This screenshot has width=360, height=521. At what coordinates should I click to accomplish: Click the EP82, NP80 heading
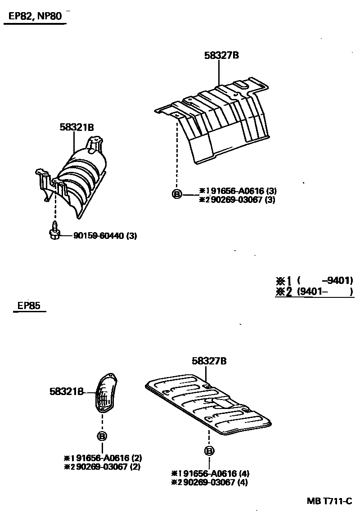(x=36, y=17)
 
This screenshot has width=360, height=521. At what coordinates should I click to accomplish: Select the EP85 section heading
(x=29, y=306)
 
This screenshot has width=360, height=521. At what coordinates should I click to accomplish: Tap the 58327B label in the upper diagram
(x=221, y=56)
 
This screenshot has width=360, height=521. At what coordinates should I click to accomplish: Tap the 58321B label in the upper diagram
(x=76, y=127)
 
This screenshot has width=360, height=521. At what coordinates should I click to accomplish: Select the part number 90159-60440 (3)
(x=105, y=235)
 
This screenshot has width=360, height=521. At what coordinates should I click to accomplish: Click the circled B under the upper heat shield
(x=177, y=194)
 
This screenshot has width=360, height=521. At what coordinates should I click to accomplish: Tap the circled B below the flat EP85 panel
(x=209, y=451)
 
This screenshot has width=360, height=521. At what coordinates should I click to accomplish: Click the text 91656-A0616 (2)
(x=106, y=458)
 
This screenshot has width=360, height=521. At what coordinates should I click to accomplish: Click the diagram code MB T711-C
(x=329, y=501)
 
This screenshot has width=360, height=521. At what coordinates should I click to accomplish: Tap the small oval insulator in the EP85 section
(x=106, y=392)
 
